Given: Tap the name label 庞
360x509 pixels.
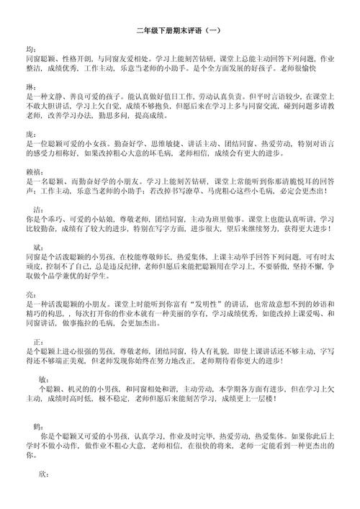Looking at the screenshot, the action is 30,134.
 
